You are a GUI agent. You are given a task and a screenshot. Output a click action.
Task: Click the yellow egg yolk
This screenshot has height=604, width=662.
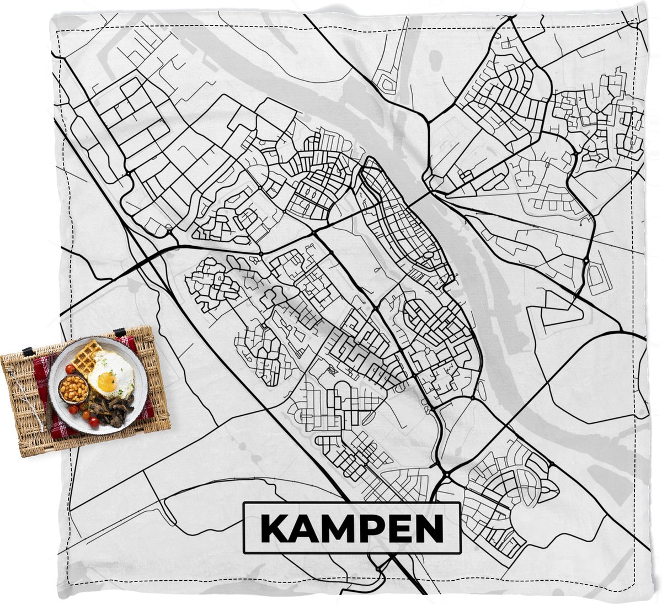106,382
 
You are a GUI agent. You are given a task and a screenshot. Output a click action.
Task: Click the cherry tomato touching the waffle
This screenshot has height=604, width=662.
70,368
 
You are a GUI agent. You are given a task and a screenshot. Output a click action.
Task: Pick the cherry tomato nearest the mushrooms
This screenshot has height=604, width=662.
94,422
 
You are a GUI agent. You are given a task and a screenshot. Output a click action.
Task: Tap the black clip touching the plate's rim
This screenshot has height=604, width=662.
120,333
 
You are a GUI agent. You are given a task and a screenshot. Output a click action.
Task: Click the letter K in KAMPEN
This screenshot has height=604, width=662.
274,529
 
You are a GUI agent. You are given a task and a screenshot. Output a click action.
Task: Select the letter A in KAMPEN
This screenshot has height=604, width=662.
302,529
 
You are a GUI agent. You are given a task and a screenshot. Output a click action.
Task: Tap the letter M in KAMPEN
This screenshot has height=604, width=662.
335,529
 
